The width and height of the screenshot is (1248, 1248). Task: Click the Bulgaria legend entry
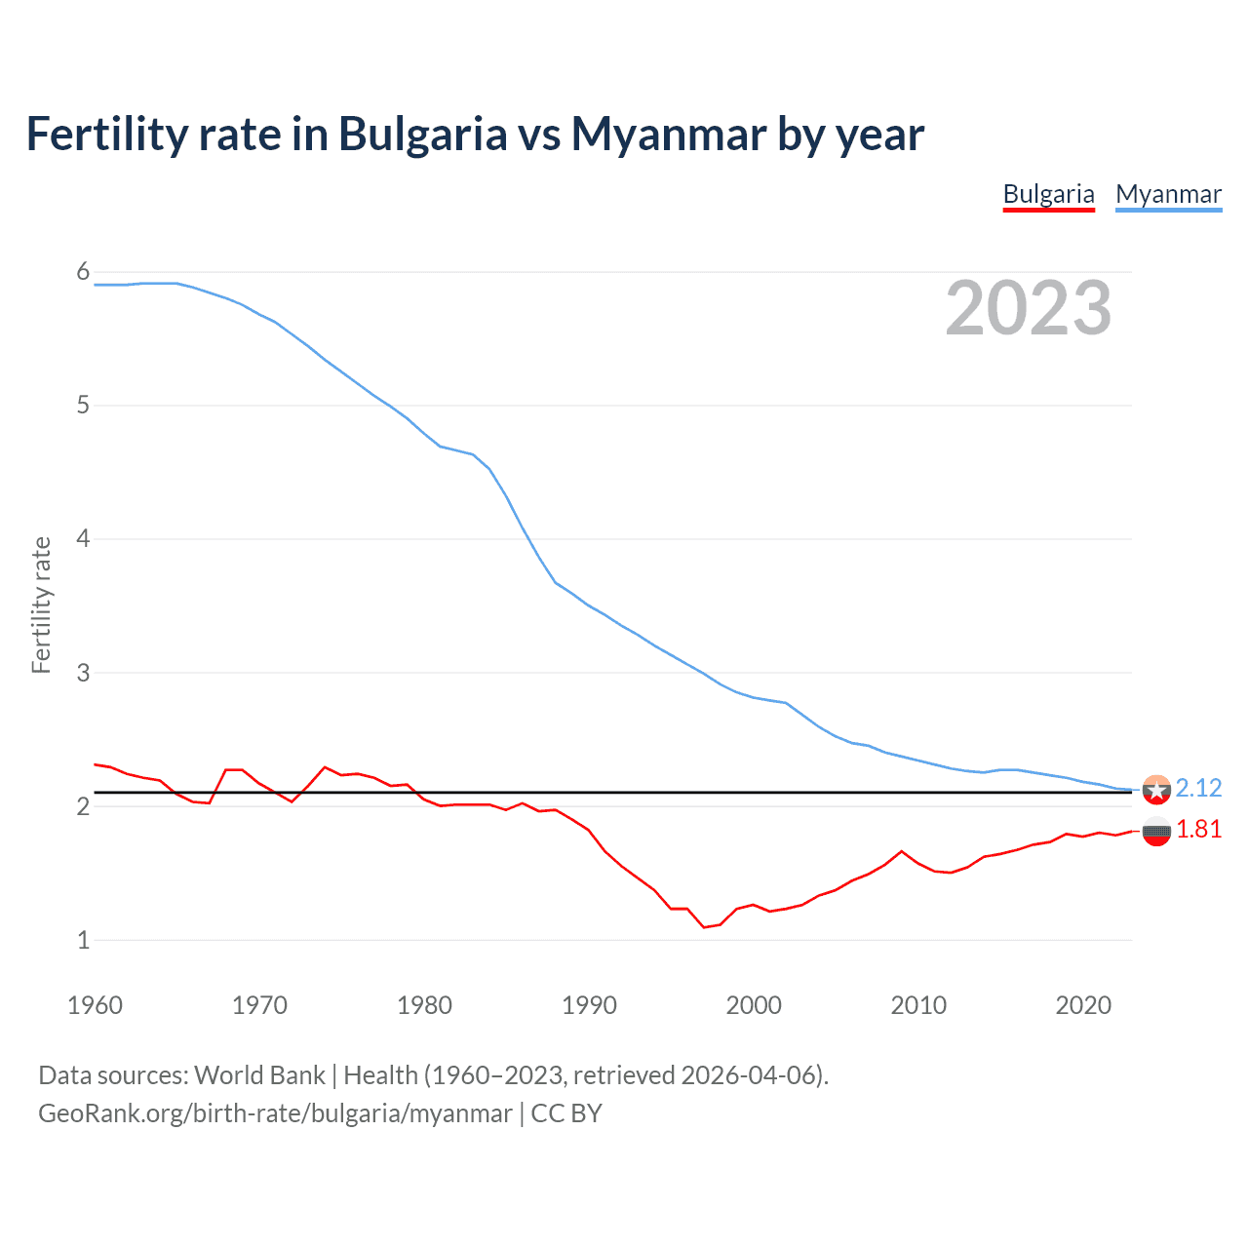point(1048,194)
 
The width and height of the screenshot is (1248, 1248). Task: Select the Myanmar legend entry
point(1168,194)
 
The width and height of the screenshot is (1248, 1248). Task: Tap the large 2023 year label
point(1028,308)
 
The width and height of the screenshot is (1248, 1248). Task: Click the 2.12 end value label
point(1198,788)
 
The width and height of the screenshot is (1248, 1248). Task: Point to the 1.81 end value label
point(1198,829)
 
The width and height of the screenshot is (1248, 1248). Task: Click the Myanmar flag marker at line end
point(1156,790)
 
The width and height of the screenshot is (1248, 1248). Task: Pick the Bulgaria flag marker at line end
point(1156,833)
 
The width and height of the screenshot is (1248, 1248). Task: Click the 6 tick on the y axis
point(83,272)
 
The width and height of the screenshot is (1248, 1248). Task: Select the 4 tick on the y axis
point(83,539)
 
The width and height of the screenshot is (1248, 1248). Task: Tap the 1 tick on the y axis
point(83,941)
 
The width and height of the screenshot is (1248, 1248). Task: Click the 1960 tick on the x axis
point(95,1005)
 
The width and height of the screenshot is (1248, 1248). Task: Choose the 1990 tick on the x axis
point(589,1005)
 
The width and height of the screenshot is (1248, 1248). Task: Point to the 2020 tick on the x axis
point(1083,1005)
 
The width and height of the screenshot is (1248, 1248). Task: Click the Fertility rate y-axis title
point(41,604)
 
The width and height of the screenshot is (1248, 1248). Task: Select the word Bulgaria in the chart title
point(422,134)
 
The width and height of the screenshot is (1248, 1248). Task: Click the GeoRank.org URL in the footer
point(275,1113)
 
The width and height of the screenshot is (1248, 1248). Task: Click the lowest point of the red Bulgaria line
point(704,927)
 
